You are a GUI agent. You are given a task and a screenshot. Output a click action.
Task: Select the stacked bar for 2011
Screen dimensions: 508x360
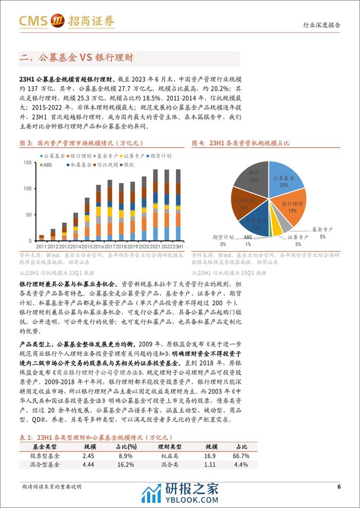pyautogui.click(x=42, y=238)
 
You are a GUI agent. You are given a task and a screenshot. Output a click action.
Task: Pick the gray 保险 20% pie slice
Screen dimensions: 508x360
pyautogui.click(x=253, y=176)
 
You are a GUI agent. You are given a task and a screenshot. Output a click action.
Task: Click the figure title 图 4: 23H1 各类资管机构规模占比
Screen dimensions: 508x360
pyautogui.click(x=241, y=144)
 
